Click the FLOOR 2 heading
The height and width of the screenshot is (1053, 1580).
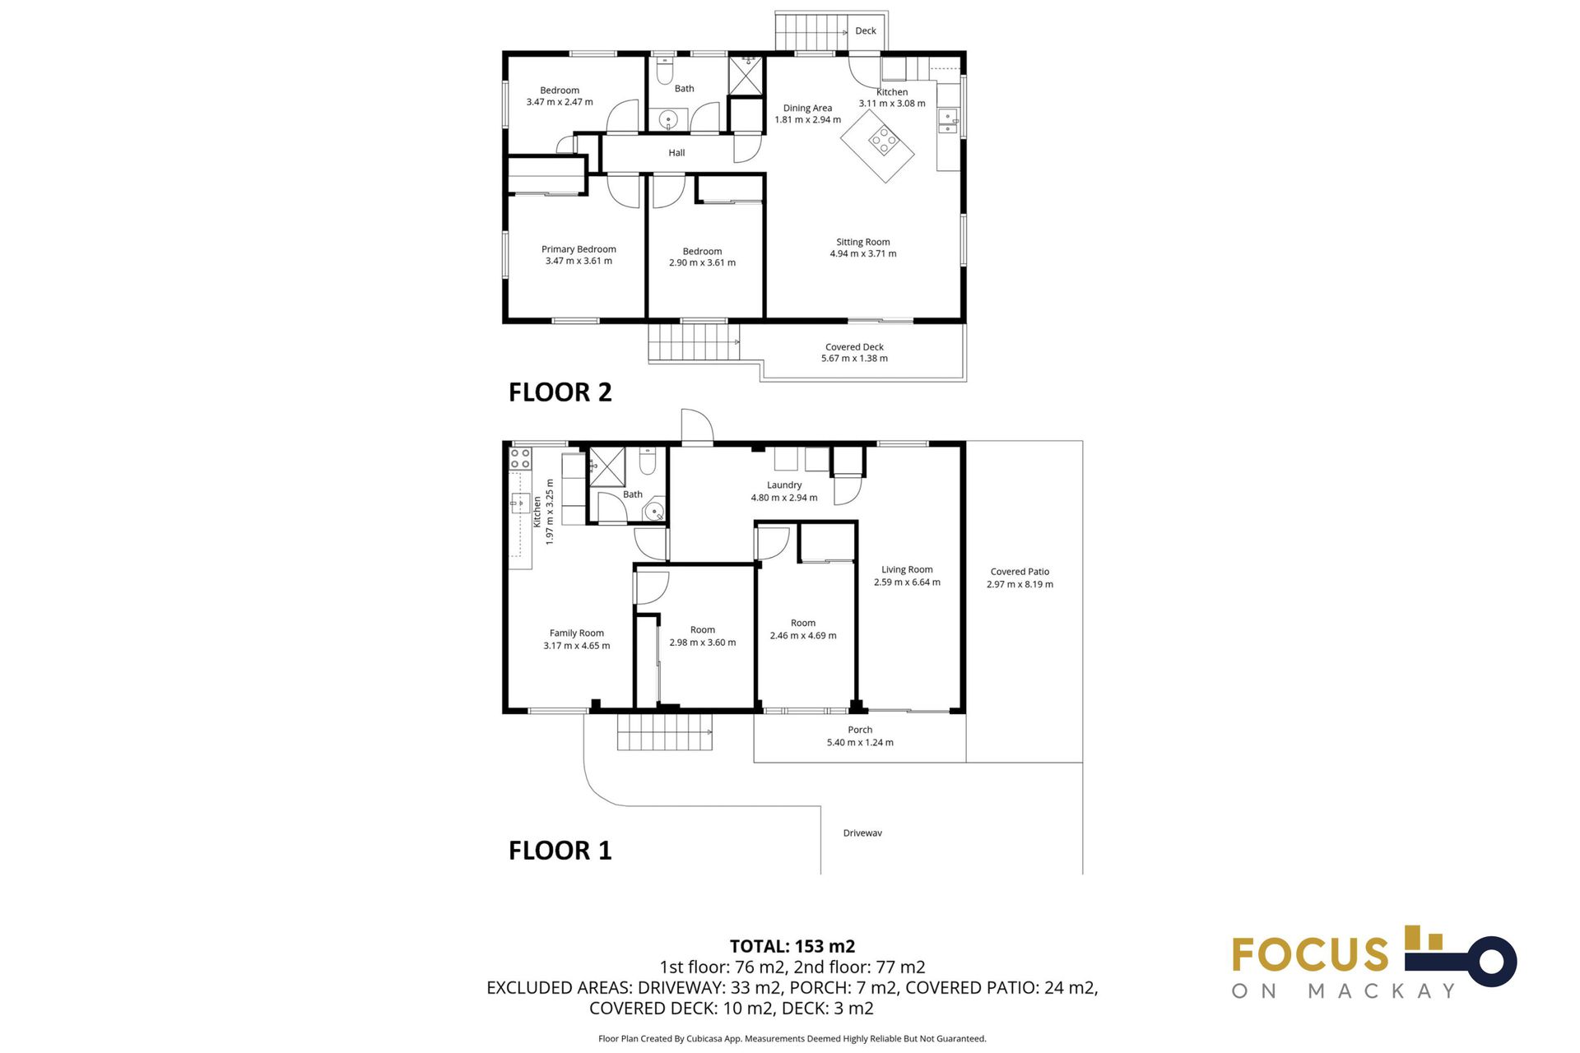pos(560,392)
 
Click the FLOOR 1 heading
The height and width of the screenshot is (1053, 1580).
pos(560,850)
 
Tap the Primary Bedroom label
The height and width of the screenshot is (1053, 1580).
pos(579,249)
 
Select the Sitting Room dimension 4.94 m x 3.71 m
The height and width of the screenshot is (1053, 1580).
pos(862,254)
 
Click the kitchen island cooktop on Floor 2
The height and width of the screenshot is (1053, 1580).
pos(884,141)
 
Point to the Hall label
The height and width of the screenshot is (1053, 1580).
pos(676,153)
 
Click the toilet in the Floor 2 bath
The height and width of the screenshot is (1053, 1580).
pos(665,72)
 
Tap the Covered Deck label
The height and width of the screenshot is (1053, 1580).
pos(854,347)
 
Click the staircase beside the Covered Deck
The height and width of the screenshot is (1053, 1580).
pos(693,342)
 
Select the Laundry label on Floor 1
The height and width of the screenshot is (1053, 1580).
pos(783,485)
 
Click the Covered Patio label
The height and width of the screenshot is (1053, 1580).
pos(1020,572)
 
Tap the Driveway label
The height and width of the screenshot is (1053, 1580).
pos(862,833)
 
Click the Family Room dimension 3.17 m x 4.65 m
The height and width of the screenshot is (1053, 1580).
pos(576,646)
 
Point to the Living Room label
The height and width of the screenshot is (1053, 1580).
pos(907,569)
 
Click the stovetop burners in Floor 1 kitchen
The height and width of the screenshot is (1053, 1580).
pos(520,458)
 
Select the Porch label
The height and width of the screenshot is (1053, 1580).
pos(860,730)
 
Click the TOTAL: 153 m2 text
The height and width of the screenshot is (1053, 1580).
pos(792,946)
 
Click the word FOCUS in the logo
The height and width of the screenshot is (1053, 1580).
pos(1310,955)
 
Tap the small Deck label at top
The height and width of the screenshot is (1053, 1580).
pos(865,31)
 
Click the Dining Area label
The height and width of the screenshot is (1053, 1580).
pos(807,109)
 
